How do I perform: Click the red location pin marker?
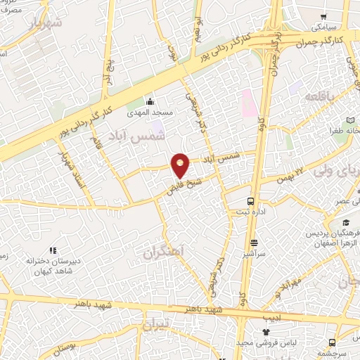(x=181, y=165)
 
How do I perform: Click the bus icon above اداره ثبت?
(x=241, y=202)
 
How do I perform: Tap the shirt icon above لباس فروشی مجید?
(x=266, y=331)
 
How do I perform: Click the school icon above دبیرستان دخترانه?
(x=51, y=250)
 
